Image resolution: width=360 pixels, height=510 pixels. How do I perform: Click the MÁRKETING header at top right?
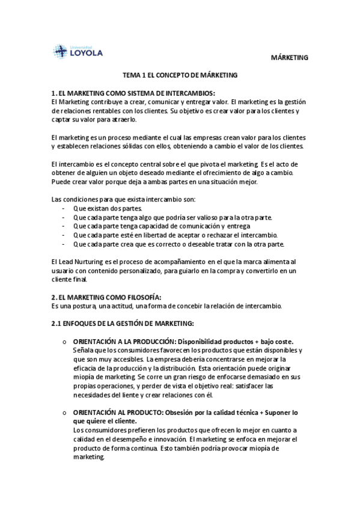tap(291, 58)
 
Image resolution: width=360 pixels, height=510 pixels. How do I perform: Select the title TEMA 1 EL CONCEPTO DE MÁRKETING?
tap(180, 75)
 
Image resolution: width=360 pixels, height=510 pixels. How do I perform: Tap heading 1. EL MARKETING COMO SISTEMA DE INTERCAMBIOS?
tap(133, 93)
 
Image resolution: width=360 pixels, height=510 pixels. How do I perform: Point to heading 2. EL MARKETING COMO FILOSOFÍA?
tap(106, 296)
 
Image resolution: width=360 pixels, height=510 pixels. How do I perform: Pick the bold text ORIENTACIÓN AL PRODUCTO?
tap(116, 413)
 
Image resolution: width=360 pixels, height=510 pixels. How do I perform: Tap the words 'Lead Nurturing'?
tap(81, 262)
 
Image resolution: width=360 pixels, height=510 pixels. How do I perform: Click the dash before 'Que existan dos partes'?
tap(64, 207)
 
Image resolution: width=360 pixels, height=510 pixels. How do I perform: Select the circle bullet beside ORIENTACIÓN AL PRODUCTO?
tap(64, 413)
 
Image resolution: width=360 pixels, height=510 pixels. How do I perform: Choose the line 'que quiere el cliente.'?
tap(106, 422)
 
